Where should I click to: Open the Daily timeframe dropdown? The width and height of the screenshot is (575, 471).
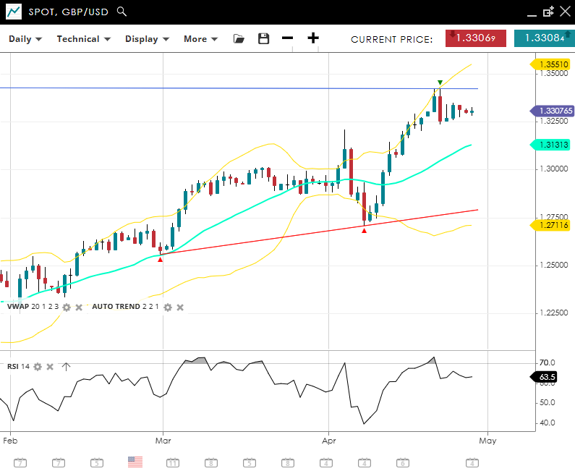25,39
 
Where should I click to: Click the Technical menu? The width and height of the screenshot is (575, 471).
83,39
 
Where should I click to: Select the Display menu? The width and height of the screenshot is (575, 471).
147,39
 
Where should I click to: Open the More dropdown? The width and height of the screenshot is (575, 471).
200,39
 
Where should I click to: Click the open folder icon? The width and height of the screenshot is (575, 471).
239,39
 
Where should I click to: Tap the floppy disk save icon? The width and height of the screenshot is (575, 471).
263,39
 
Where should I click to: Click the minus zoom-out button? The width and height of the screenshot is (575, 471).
288,38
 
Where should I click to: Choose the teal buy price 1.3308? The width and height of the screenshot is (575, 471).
544,38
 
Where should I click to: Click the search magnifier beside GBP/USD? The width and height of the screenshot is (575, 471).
122,12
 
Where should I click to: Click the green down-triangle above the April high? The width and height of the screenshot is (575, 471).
440,82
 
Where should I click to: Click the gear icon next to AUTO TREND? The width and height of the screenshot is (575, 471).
167,307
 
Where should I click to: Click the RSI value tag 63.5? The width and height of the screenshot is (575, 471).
548,377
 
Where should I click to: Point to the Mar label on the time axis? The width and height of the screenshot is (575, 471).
163,439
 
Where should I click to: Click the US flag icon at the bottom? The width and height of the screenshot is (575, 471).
135,462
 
